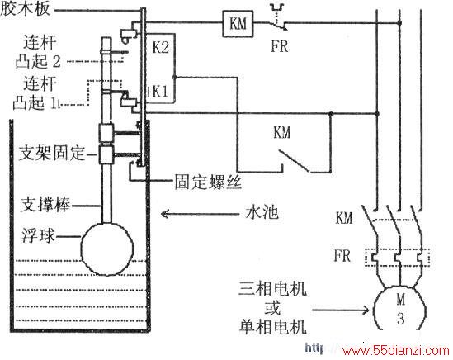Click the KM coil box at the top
(x=238, y=24)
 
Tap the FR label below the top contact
(x=280, y=46)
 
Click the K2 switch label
(x=160, y=47)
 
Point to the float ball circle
(x=107, y=249)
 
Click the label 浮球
(x=39, y=235)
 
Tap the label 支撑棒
(x=45, y=205)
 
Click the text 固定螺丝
(x=208, y=182)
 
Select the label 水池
(x=262, y=213)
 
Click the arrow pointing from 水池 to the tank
(x=200, y=214)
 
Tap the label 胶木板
(x=25, y=9)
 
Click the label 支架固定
(x=52, y=153)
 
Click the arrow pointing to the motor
(x=340, y=310)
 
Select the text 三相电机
(x=272, y=289)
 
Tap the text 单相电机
(x=272, y=327)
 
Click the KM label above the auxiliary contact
(x=282, y=133)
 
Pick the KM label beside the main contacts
(x=344, y=218)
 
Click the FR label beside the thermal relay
(x=342, y=256)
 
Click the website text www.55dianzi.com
(x=395, y=350)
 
